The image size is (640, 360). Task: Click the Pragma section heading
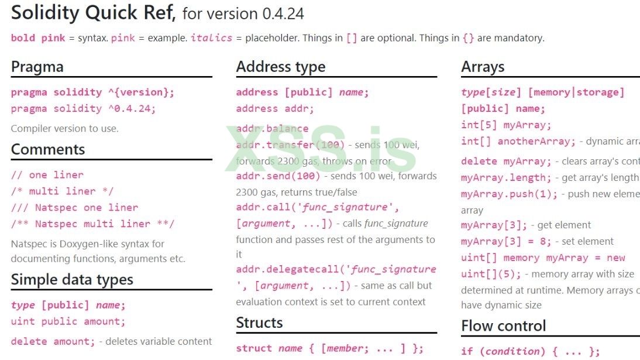click(37, 67)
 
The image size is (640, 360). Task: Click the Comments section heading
click(48, 149)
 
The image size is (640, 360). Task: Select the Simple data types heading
click(72, 280)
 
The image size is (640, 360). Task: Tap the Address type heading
click(281, 67)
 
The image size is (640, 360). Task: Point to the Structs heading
click(259, 323)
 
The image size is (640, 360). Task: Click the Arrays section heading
click(483, 67)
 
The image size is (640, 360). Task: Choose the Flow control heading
click(503, 325)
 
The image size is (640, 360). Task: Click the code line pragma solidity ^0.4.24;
click(83, 108)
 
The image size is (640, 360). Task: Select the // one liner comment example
click(47, 174)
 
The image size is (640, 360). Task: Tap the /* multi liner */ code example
click(62, 191)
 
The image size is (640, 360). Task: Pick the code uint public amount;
click(68, 321)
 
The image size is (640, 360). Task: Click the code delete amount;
click(53, 341)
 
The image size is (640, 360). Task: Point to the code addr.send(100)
click(278, 176)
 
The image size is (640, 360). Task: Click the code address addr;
click(275, 108)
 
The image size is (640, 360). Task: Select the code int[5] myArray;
click(506, 125)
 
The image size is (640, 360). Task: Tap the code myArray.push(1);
click(509, 194)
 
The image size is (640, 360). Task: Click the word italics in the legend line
click(211, 38)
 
